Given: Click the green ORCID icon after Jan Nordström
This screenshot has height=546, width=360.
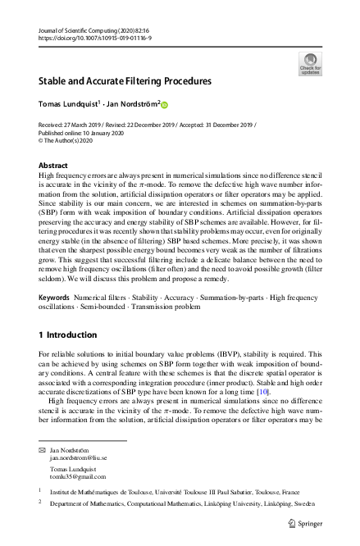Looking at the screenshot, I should pos(163,105).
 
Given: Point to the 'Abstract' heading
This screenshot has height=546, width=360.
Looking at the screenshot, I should pos(53,164).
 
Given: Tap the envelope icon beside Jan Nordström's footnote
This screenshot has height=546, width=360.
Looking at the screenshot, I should pos(43,452).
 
